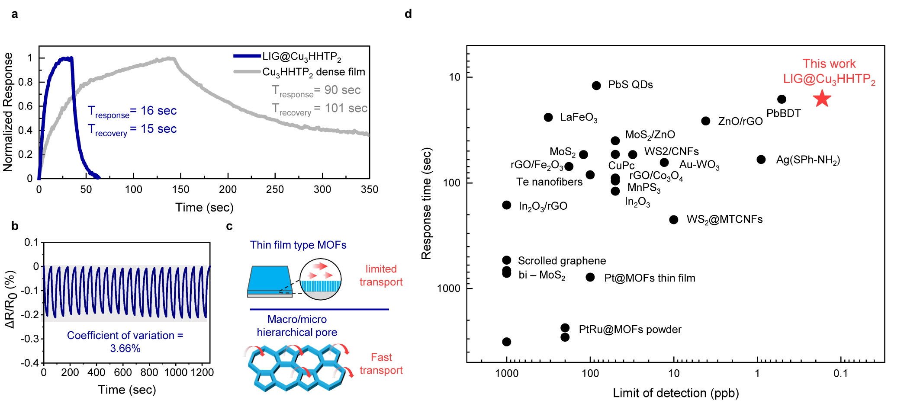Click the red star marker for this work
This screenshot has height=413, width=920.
point(822,99)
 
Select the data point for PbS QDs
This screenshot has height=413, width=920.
point(596,86)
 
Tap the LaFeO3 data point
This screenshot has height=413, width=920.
point(548,117)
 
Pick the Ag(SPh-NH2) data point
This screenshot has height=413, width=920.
point(761,160)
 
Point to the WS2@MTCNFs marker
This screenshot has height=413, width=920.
point(673,220)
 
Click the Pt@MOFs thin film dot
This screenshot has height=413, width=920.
point(590,277)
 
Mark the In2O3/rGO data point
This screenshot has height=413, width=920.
point(506,205)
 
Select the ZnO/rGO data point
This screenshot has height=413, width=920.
point(705,121)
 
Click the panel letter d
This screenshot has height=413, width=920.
point(408,14)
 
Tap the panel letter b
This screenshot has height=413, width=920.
point(15,226)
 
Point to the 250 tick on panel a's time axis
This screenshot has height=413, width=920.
point(275,189)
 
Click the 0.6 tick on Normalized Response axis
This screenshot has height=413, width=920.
point(26,106)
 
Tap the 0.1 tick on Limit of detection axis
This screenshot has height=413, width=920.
point(840,373)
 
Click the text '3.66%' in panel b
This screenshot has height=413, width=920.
point(125,349)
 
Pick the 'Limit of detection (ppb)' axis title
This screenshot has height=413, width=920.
point(676,393)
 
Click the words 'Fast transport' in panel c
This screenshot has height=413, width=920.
point(381,364)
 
